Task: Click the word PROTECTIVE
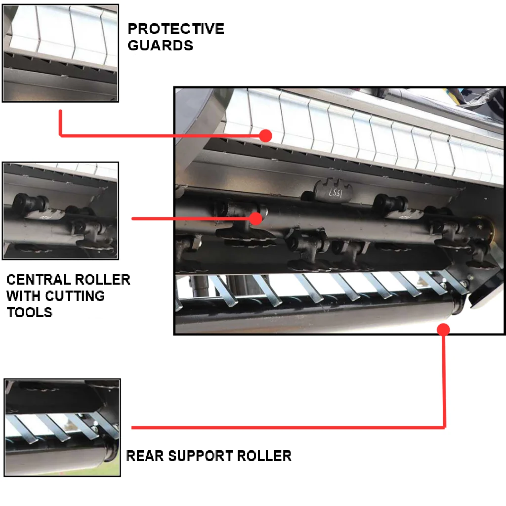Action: click(176, 29)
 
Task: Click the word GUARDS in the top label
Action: click(161, 45)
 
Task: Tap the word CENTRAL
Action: click(38, 280)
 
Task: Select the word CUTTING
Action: click(75, 296)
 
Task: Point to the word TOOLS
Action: click(30, 312)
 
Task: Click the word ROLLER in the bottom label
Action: click(264, 456)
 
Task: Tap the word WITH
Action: click(24, 296)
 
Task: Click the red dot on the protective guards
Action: click(265, 136)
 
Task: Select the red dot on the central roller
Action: click(256, 218)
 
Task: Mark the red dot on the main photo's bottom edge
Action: click(444, 330)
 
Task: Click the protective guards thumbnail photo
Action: click(61, 53)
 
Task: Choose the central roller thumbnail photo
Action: click(61, 211)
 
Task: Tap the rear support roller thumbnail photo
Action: click(62, 427)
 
